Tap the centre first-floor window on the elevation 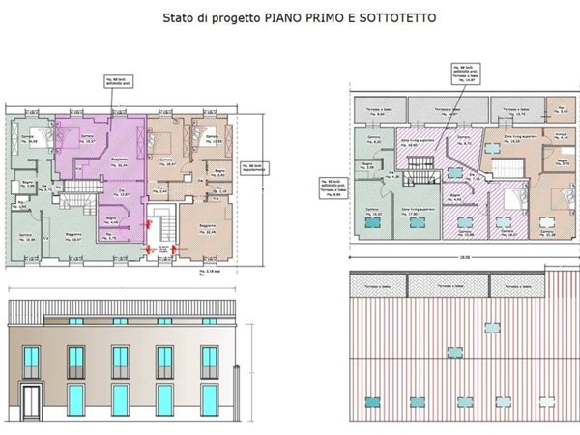tap(120, 362)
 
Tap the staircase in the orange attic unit tap(507, 167)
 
